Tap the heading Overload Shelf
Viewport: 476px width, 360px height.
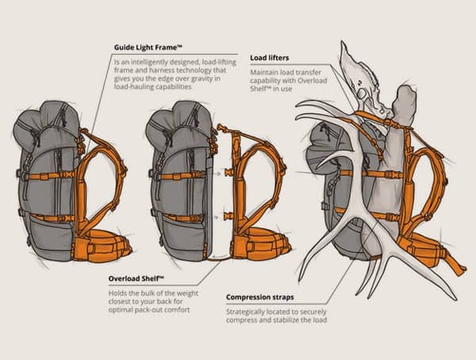pos(136,279)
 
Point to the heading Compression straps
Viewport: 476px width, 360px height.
pos(259,297)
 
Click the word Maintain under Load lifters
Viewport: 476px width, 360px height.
pos(265,70)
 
